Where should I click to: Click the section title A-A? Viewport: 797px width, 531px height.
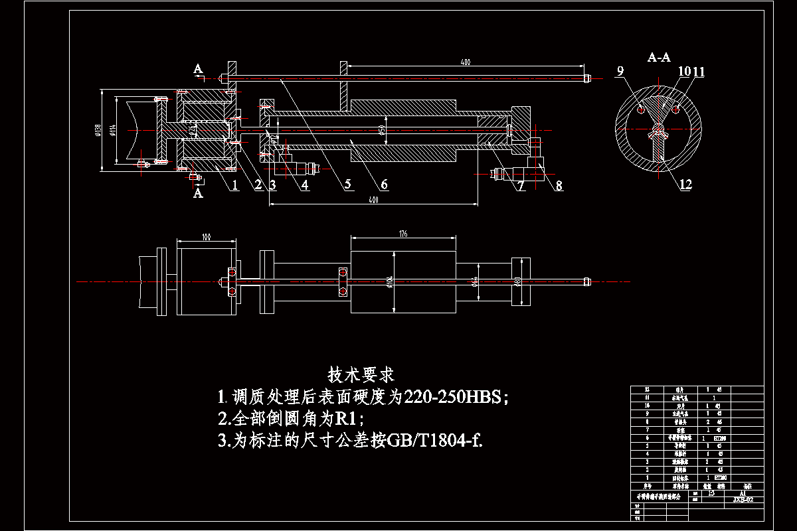[x=659, y=58]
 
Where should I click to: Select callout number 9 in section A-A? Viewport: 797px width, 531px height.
[x=620, y=71]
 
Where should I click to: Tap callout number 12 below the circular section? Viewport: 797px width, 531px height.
[x=685, y=185]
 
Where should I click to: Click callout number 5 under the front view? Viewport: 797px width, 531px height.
[x=348, y=185]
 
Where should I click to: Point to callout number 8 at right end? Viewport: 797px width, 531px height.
[x=559, y=185]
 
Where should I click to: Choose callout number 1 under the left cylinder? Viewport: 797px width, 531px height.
[x=234, y=185]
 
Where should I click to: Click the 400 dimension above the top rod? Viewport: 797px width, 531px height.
[x=465, y=62]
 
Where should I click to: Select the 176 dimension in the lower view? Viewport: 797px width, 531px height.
[x=402, y=234]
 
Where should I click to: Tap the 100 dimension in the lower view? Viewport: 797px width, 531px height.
[x=206, y=236]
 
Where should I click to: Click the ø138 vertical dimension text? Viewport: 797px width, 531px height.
[x=97, y=130]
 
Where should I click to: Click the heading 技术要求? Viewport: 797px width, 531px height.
[x=361, y=375]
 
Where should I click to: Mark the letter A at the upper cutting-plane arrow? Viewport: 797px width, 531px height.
[x=198, y=68]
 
